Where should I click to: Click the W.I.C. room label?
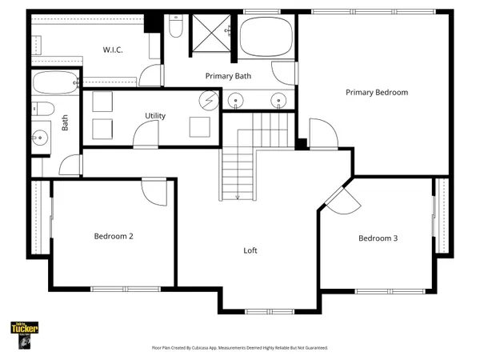coord(113,50)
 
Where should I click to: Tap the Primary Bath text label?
coord(228,76)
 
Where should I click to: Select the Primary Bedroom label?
coord(376,92)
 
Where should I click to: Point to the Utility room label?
coord(155,116)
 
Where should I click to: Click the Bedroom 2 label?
coord(113,236)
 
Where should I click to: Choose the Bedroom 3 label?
coord(378,238)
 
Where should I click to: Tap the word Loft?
coord(250,250)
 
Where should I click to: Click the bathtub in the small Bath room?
coord(55,81)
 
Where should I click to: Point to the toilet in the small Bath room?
coord(44,109)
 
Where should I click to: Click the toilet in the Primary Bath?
coord(177,28)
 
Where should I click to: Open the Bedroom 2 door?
coord(152,190)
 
